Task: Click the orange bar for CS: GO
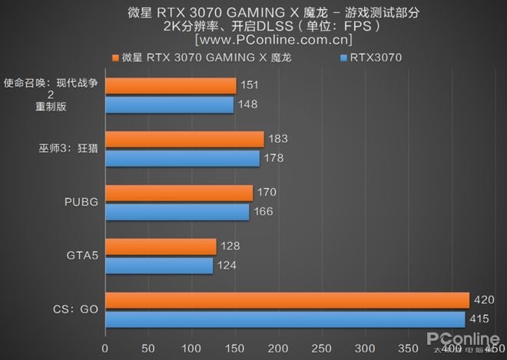(x=287, y=299)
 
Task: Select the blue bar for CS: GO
(x=285, y=319)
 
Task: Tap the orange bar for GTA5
(x=161, y=246)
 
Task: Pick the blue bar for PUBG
(x=177, y=211)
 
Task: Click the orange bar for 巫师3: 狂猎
(x=184, y=139)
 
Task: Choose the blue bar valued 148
(x=169, y=104)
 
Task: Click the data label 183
(x=278, y=139)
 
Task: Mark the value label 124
(x=228, y=266)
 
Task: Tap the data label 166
(x=264, y=211)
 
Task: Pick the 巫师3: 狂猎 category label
(x=61, y=148)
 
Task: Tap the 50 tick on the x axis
(x=148, y=347)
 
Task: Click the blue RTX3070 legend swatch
(x=343, y=58)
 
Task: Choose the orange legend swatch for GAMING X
(x=114, y=58)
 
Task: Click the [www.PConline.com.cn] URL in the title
(x=273, y=38)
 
